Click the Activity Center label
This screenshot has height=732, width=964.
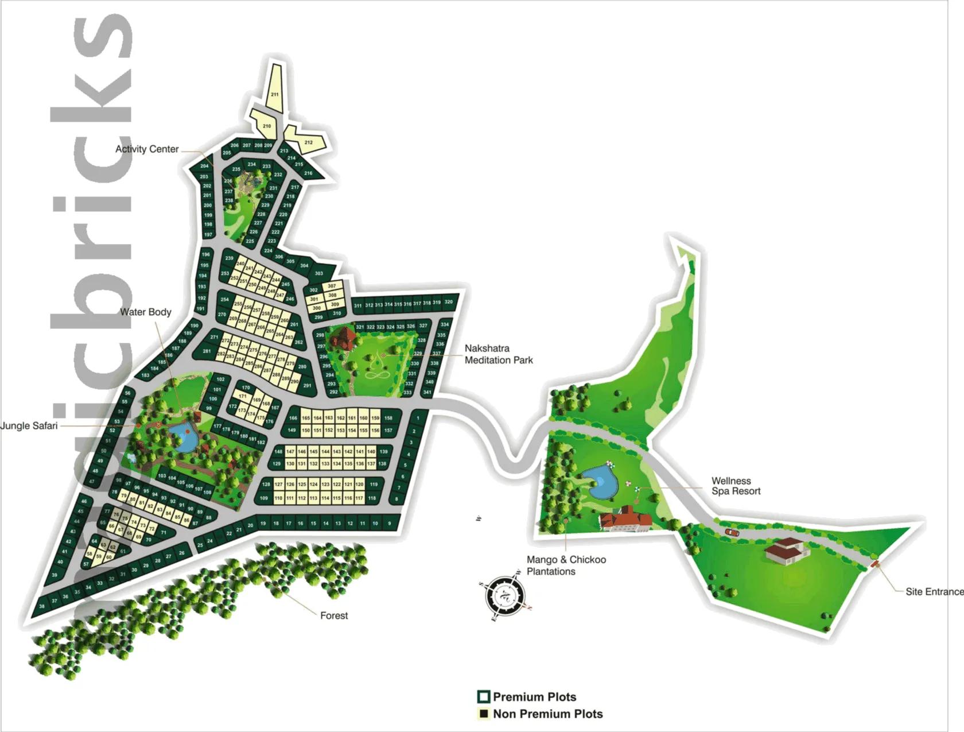click(x=147, y=149)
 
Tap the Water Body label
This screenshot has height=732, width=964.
click(x=146, y=312)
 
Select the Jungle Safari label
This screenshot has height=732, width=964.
click(x=29, y=426)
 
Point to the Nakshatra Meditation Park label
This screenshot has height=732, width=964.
click(x=498, y=354)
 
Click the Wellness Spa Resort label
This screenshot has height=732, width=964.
click(x=736, y=486)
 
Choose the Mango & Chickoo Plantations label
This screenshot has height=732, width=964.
click(x=566, y=566)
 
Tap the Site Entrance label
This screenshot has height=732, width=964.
click(x=934, y=592)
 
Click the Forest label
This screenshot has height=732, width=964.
click(x=334, y=616)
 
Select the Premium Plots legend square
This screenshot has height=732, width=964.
click(x=484, y=697)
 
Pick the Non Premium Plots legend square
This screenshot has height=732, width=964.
click(x=484, y=714)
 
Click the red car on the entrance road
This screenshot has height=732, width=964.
click(x=732, y=533)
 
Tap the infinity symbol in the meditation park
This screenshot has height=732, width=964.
click(x=378, y=375)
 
